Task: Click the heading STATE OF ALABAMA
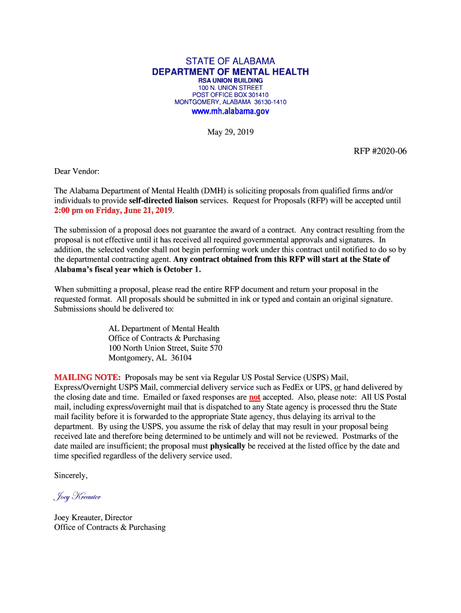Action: (x=230, y=62)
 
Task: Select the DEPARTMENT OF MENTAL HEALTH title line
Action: (x=230, y=72)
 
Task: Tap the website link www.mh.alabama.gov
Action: (x=230, y=111)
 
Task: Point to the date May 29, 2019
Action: (x=230, y=132)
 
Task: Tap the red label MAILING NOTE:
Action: (x=87, y=378)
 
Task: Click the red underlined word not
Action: (x=254, y=397)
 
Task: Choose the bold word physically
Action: (x=228, y=446)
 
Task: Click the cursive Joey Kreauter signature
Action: (x=77, y=496)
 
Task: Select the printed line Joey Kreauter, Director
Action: (x=93, y=517)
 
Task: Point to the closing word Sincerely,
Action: (x=71, y=475)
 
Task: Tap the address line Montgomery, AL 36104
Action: (x=150, y=358)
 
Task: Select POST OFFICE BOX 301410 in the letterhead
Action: (x=230, y=95)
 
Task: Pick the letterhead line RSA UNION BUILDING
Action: (x=230, y=80)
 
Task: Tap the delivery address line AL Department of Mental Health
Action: (x=163, y=329)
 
